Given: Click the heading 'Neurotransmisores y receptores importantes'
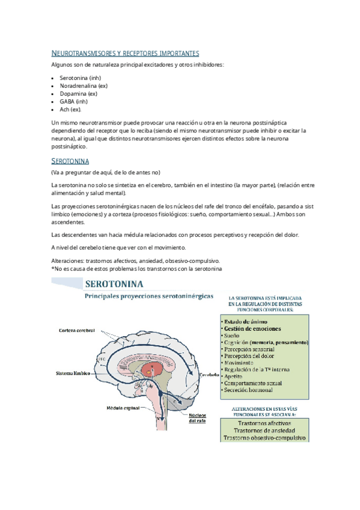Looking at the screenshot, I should coord(125,54).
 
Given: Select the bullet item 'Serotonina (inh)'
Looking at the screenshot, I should coord(80,79).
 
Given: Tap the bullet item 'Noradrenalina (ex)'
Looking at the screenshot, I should coord(84,87).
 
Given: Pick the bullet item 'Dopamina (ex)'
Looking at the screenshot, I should coord(78,94).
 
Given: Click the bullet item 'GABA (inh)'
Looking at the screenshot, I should coord(73,102).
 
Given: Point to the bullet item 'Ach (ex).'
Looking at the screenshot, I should coord(70,109).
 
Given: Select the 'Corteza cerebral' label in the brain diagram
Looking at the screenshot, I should coord(77,331).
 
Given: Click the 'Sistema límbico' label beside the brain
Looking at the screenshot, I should coord(72,373).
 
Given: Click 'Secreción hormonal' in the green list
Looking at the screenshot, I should coord(246,390).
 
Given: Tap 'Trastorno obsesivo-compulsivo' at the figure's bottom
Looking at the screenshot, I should coord(264,438).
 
